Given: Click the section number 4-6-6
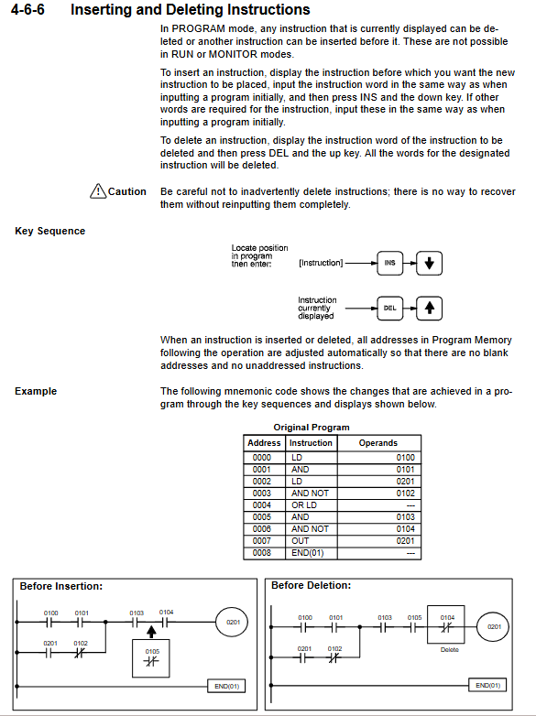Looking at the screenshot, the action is pos(27,9).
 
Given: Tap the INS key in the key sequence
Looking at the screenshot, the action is pos(389,263).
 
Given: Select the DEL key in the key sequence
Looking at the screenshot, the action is pos(389,309).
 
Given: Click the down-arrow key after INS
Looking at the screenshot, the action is pos(429,263).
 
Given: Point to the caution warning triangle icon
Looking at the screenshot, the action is pos(98,190).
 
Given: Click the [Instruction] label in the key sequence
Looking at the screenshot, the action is pos(321,263).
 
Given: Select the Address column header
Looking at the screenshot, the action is pos(264,443).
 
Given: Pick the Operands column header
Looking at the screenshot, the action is pos(378,443).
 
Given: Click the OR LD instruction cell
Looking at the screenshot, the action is pos(304,505).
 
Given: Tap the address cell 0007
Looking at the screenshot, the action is pos(262,540).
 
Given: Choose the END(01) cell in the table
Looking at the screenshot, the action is pos(308,552).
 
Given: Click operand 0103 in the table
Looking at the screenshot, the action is pos(406,517).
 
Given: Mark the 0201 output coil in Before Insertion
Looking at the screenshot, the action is pos(232,622).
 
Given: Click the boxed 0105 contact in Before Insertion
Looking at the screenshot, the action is pos(151,658).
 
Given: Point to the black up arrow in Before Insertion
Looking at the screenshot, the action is pos(152,632).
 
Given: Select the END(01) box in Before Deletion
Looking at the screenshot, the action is pos(487,685).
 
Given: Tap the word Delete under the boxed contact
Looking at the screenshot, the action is pos(449,650).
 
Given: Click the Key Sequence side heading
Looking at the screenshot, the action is pos(49,231).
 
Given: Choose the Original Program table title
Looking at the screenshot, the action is pos(312,428).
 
